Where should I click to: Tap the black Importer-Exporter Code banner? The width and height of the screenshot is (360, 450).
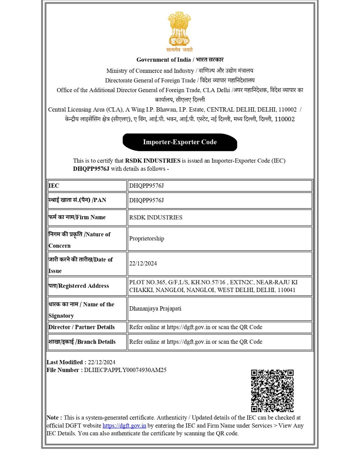[180, 142]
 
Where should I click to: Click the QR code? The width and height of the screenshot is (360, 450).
[272, 390]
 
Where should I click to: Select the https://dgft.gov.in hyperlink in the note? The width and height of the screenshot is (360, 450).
[124, 426]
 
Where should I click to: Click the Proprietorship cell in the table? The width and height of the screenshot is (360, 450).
[147, 239]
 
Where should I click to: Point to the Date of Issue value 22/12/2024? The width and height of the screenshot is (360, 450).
[143, 263]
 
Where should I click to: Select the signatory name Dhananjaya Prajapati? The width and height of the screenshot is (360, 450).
[155, 309]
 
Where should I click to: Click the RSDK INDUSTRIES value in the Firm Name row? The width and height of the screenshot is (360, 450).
[156, 217]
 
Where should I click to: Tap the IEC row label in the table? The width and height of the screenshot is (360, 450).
[54, 186]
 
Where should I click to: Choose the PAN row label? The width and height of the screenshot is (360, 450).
[77, 200]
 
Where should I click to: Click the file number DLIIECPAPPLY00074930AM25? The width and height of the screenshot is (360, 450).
[125, 370]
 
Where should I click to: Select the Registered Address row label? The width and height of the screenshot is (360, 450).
[79, 286]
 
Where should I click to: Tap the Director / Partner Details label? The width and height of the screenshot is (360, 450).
[82, 327]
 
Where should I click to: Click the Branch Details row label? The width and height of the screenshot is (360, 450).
[82, 342]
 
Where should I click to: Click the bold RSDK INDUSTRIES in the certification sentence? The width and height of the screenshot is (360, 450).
[153, 161]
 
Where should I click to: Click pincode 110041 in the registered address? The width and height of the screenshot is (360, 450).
[286, 290]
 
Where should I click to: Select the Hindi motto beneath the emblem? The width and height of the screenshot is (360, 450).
[179, 50]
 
